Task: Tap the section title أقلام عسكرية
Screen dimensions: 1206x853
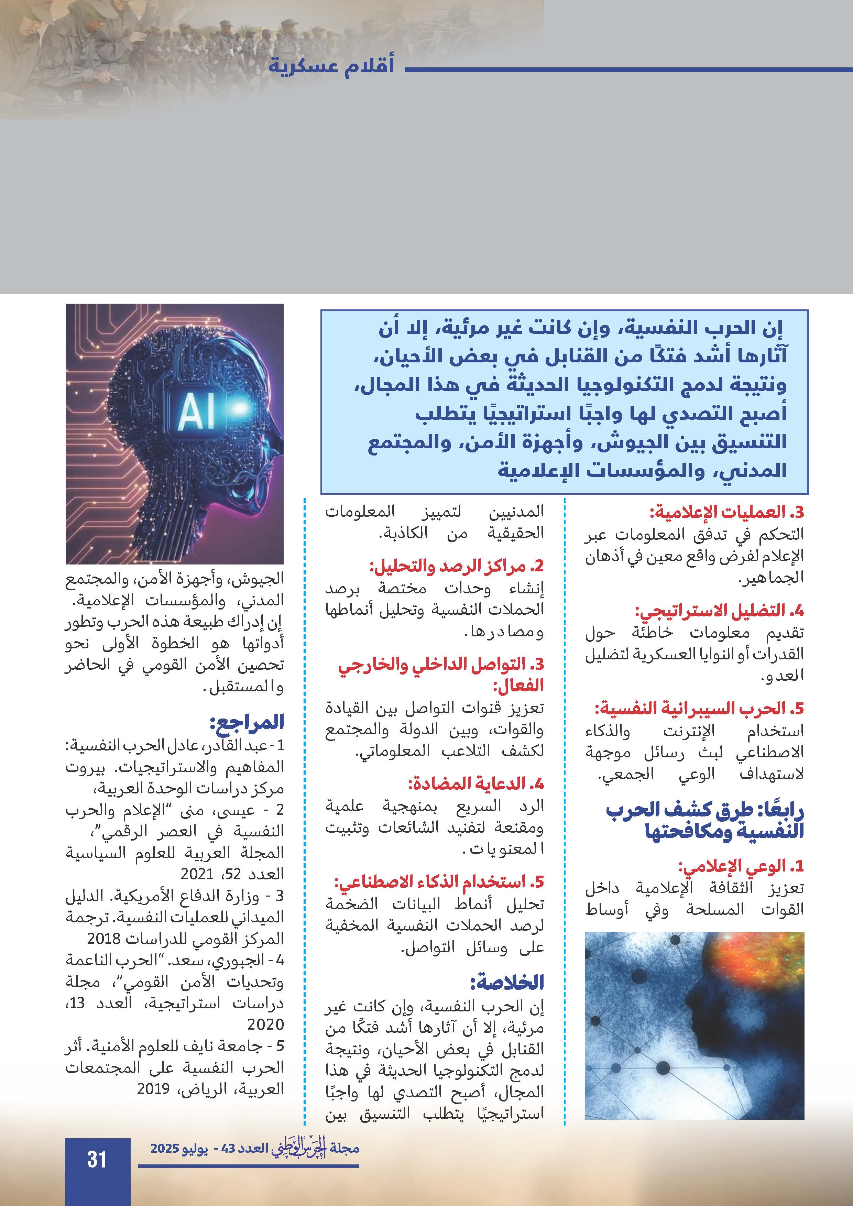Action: (x=331, y=67)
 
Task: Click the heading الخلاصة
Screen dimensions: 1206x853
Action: (x=507, y=982)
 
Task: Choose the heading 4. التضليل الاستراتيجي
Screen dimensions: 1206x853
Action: (x=720, y=611)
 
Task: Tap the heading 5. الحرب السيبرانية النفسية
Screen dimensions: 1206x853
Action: (x=699, y=709)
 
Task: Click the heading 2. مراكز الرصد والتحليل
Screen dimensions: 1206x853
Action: (x=457, y=566)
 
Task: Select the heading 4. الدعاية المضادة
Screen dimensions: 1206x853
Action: (x=476, y=784)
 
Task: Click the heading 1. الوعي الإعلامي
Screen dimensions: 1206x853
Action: (x=741, y=866)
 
